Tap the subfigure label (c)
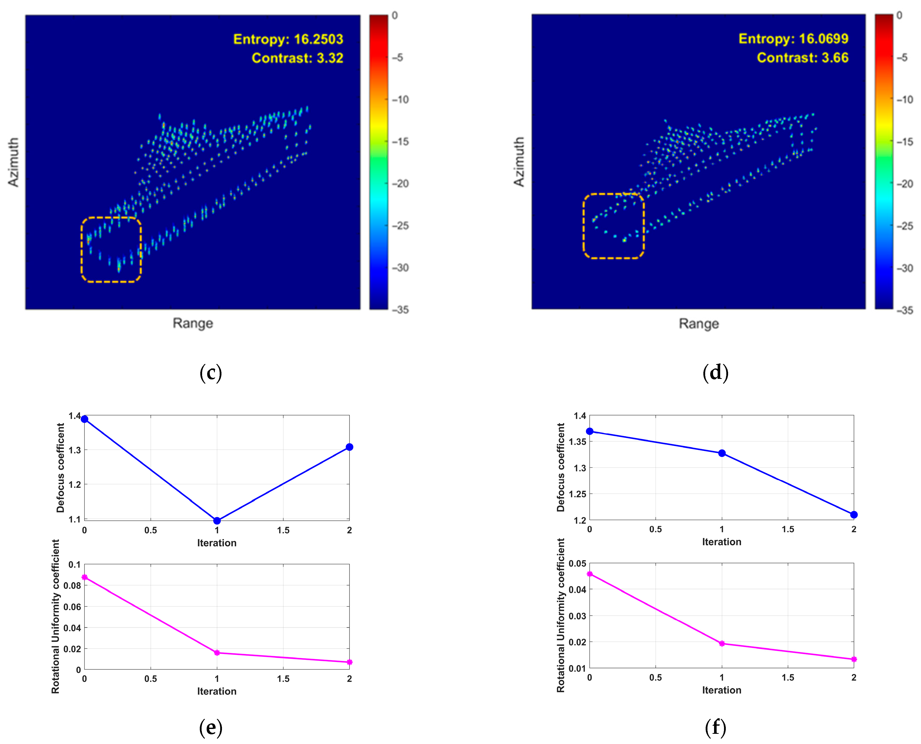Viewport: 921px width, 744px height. pyautogui.click(x=211, y=373)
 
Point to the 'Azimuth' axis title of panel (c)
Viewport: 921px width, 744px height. pyautogui.click(x=14, y=162)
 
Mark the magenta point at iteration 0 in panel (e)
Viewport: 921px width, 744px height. pyautogui.click(x=84, y=577)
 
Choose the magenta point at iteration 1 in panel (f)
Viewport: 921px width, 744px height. pyautogui.click(x=722, y=643)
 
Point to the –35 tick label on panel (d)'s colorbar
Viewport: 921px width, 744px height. pyautogui.click(x=905, y=310)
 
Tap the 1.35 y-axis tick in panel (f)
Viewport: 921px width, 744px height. pyautogui.click(x=577, y=441)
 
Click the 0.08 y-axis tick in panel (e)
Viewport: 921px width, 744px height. pyautogui.click(x=72, y=586)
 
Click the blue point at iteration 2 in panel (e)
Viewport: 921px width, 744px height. pyautogui.click(x=349, y=447)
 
